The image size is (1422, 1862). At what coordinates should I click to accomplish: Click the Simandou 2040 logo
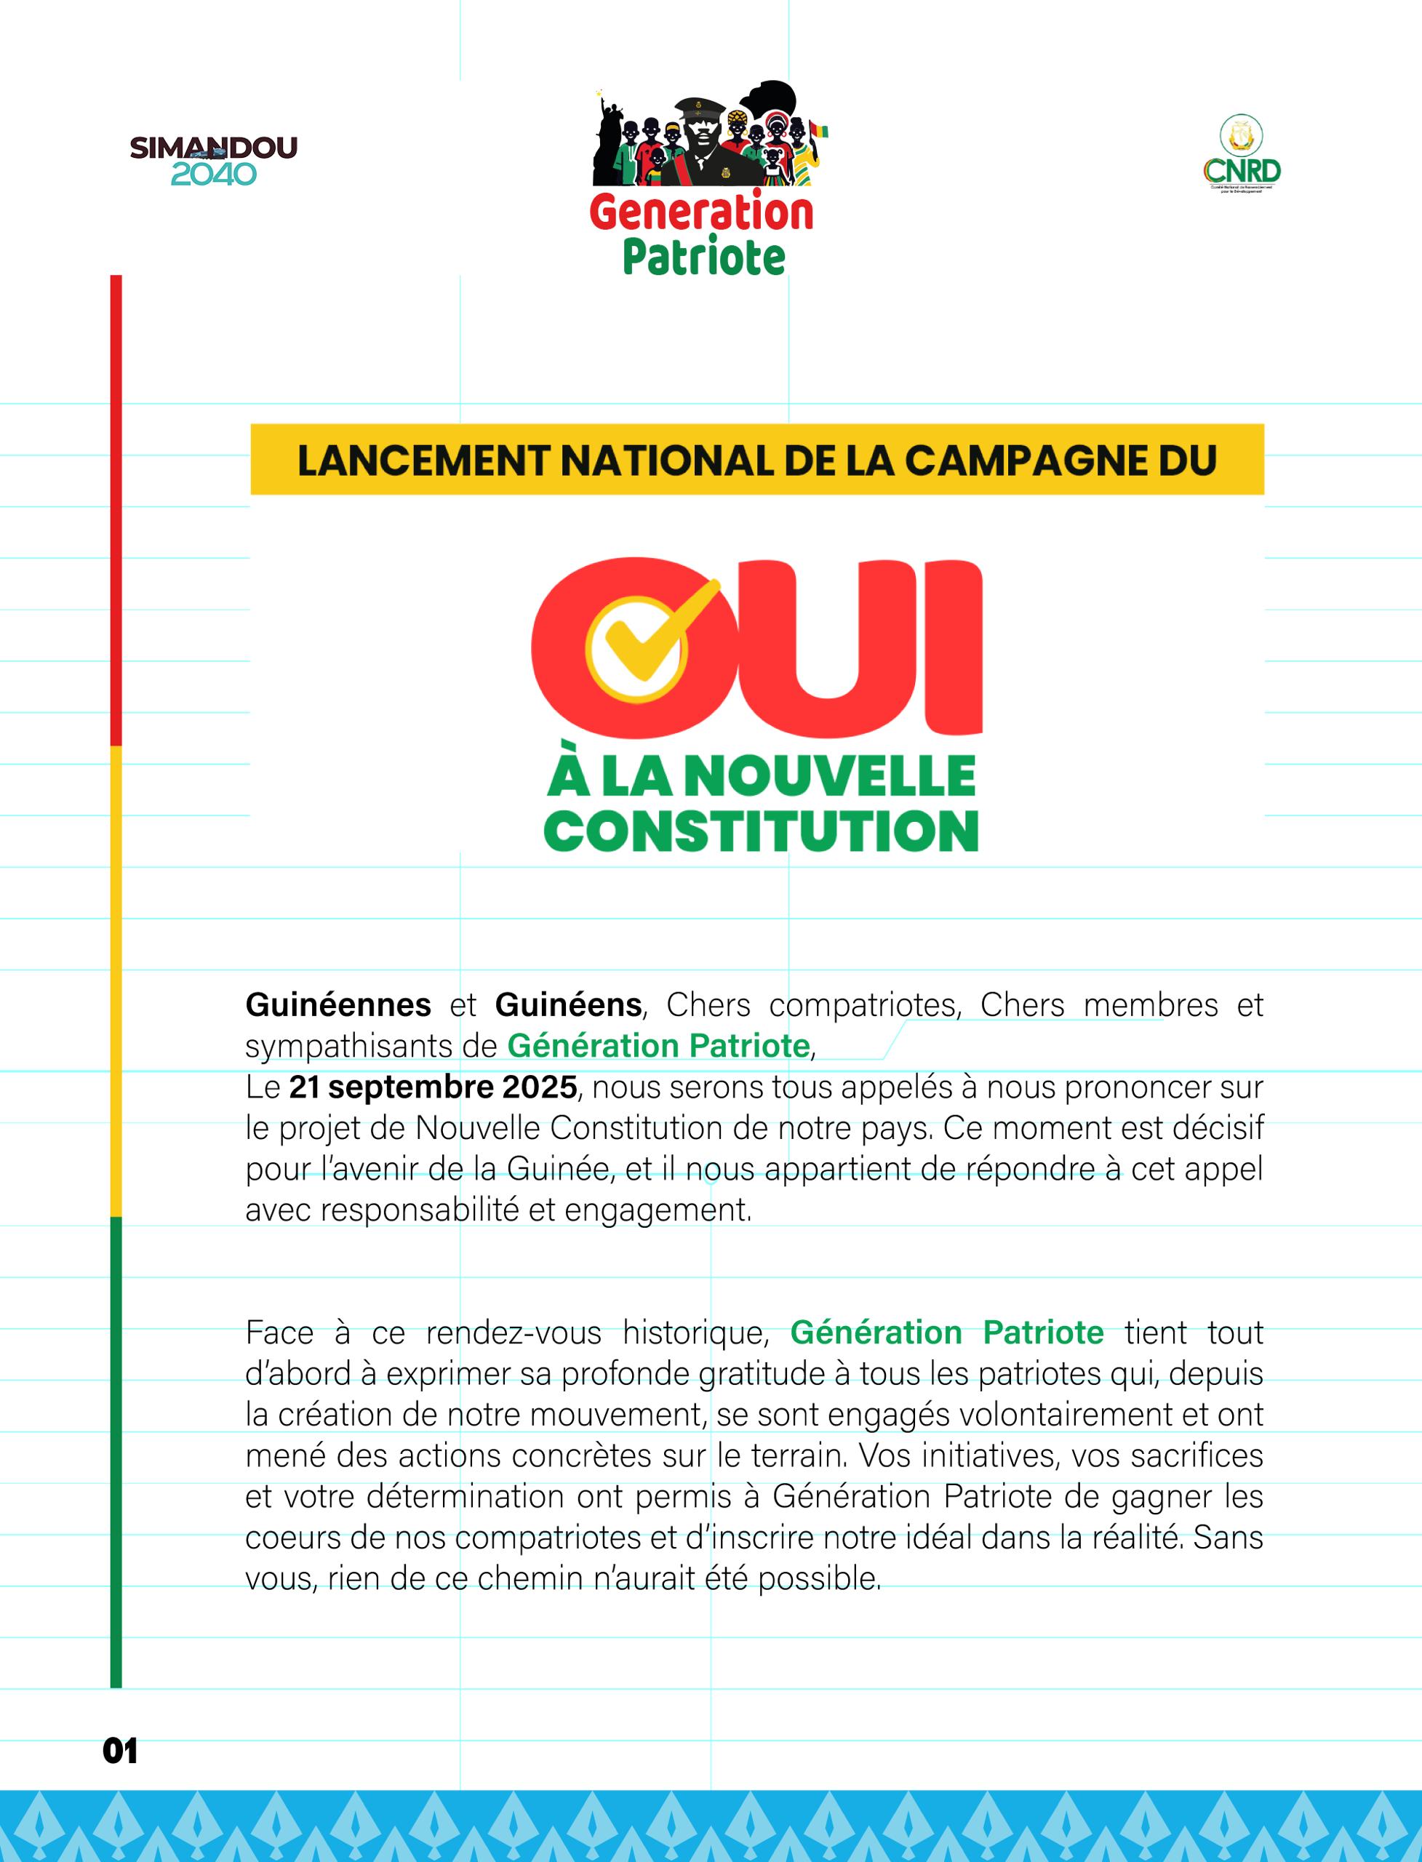[x=213, y=160]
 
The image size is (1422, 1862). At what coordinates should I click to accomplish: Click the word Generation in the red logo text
[x=701, y=212]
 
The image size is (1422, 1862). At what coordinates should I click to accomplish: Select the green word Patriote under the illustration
[x=704, y=257]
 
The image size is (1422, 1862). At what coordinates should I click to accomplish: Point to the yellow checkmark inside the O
[x=652, y=631]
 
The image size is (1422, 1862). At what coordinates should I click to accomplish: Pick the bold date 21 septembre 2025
[x=434, y=1087]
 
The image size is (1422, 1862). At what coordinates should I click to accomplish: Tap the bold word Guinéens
[x=569, y=1004]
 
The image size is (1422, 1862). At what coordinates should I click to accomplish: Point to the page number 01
[x=120, y=1751]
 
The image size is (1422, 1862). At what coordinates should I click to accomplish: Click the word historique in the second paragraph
[x=695, y=1333]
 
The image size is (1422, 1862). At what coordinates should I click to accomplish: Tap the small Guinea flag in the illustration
[x=818, y=130]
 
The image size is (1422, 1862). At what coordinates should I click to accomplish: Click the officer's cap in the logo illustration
[x=700, y=108]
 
